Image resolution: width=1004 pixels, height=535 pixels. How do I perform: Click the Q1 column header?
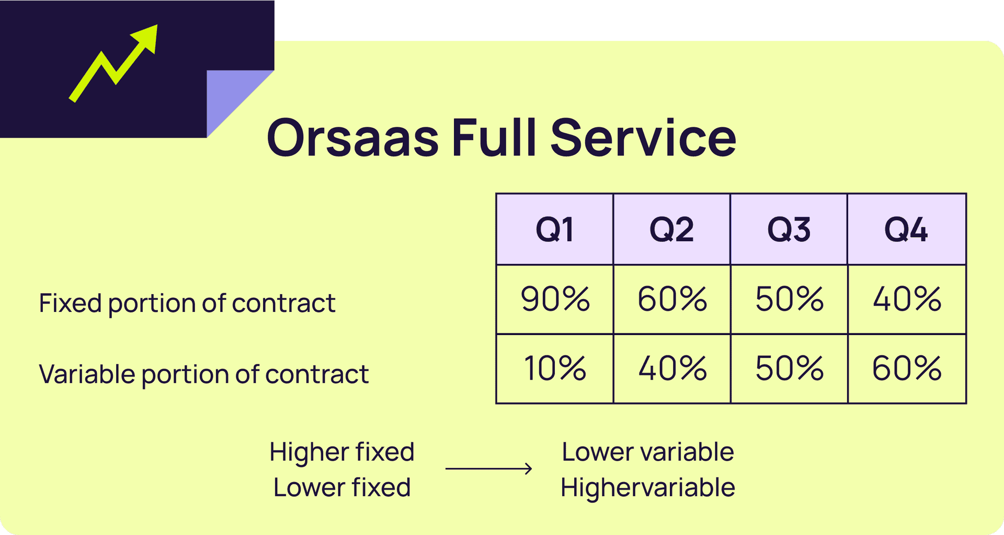click(555, 229)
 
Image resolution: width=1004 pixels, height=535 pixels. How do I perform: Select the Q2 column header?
click(672, 229)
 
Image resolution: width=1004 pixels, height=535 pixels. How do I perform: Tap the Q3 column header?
click(789, 229)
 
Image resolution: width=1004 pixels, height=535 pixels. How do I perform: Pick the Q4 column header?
click(907, 229)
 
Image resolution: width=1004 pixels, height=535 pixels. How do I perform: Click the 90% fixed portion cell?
click(555, 299)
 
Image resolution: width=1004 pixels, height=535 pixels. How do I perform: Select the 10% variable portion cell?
click(555, 369)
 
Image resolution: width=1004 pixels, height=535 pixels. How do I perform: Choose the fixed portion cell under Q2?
click(672, 299)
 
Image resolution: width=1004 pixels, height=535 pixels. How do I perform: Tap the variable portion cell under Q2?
click(672, 369)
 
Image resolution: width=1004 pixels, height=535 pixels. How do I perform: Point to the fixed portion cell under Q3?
click(789, 299)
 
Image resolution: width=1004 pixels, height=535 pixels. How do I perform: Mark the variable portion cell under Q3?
click(789, 369)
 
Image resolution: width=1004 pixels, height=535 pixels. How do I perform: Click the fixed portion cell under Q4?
click(907, 299)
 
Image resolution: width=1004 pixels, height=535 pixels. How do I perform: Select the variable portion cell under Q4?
click(907, 369)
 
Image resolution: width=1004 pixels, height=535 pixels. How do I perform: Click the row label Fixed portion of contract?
click(187, 304)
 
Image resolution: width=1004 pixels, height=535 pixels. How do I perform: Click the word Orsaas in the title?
click(352, 138)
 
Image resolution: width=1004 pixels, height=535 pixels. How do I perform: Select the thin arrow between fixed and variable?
click(488, 469)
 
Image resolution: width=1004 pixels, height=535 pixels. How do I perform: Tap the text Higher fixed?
click(342, 452)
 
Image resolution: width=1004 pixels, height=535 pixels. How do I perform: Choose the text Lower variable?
click(648, 452)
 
